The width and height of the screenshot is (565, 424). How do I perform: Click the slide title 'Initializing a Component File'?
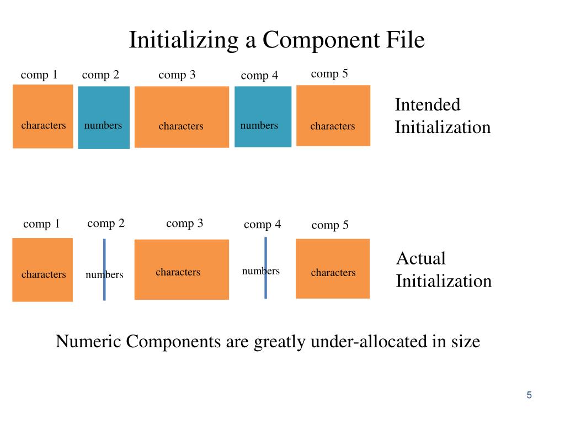277,40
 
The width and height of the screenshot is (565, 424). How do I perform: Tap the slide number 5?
529,395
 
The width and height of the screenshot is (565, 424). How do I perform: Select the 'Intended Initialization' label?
443,116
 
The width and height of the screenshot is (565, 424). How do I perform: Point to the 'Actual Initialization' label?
444,269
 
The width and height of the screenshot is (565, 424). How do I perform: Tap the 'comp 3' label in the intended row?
177,75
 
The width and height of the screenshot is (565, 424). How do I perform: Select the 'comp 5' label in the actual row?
330,225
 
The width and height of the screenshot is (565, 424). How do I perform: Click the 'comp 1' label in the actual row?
41,224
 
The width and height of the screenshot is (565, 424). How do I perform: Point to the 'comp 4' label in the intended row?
259,76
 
